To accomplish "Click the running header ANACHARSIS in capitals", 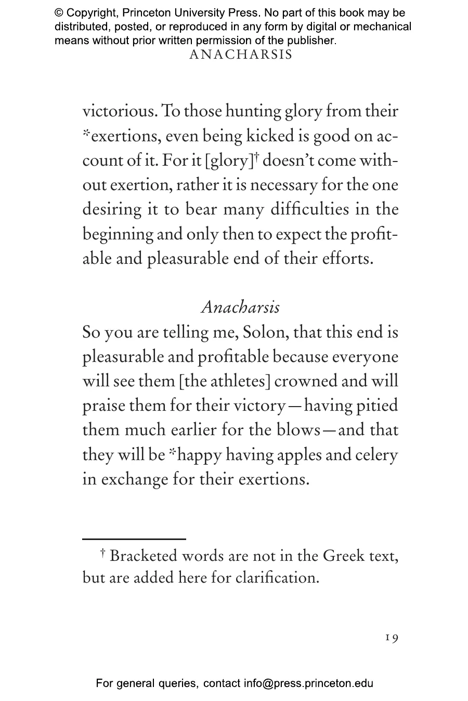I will (x=241, y=55).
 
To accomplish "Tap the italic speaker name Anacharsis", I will (x=240, y=307).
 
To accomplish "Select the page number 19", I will (x=392, y=638).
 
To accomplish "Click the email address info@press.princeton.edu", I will (x=308, y=683).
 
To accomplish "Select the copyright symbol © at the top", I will (x=59, y=13).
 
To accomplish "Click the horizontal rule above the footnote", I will (x=134, y=539).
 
